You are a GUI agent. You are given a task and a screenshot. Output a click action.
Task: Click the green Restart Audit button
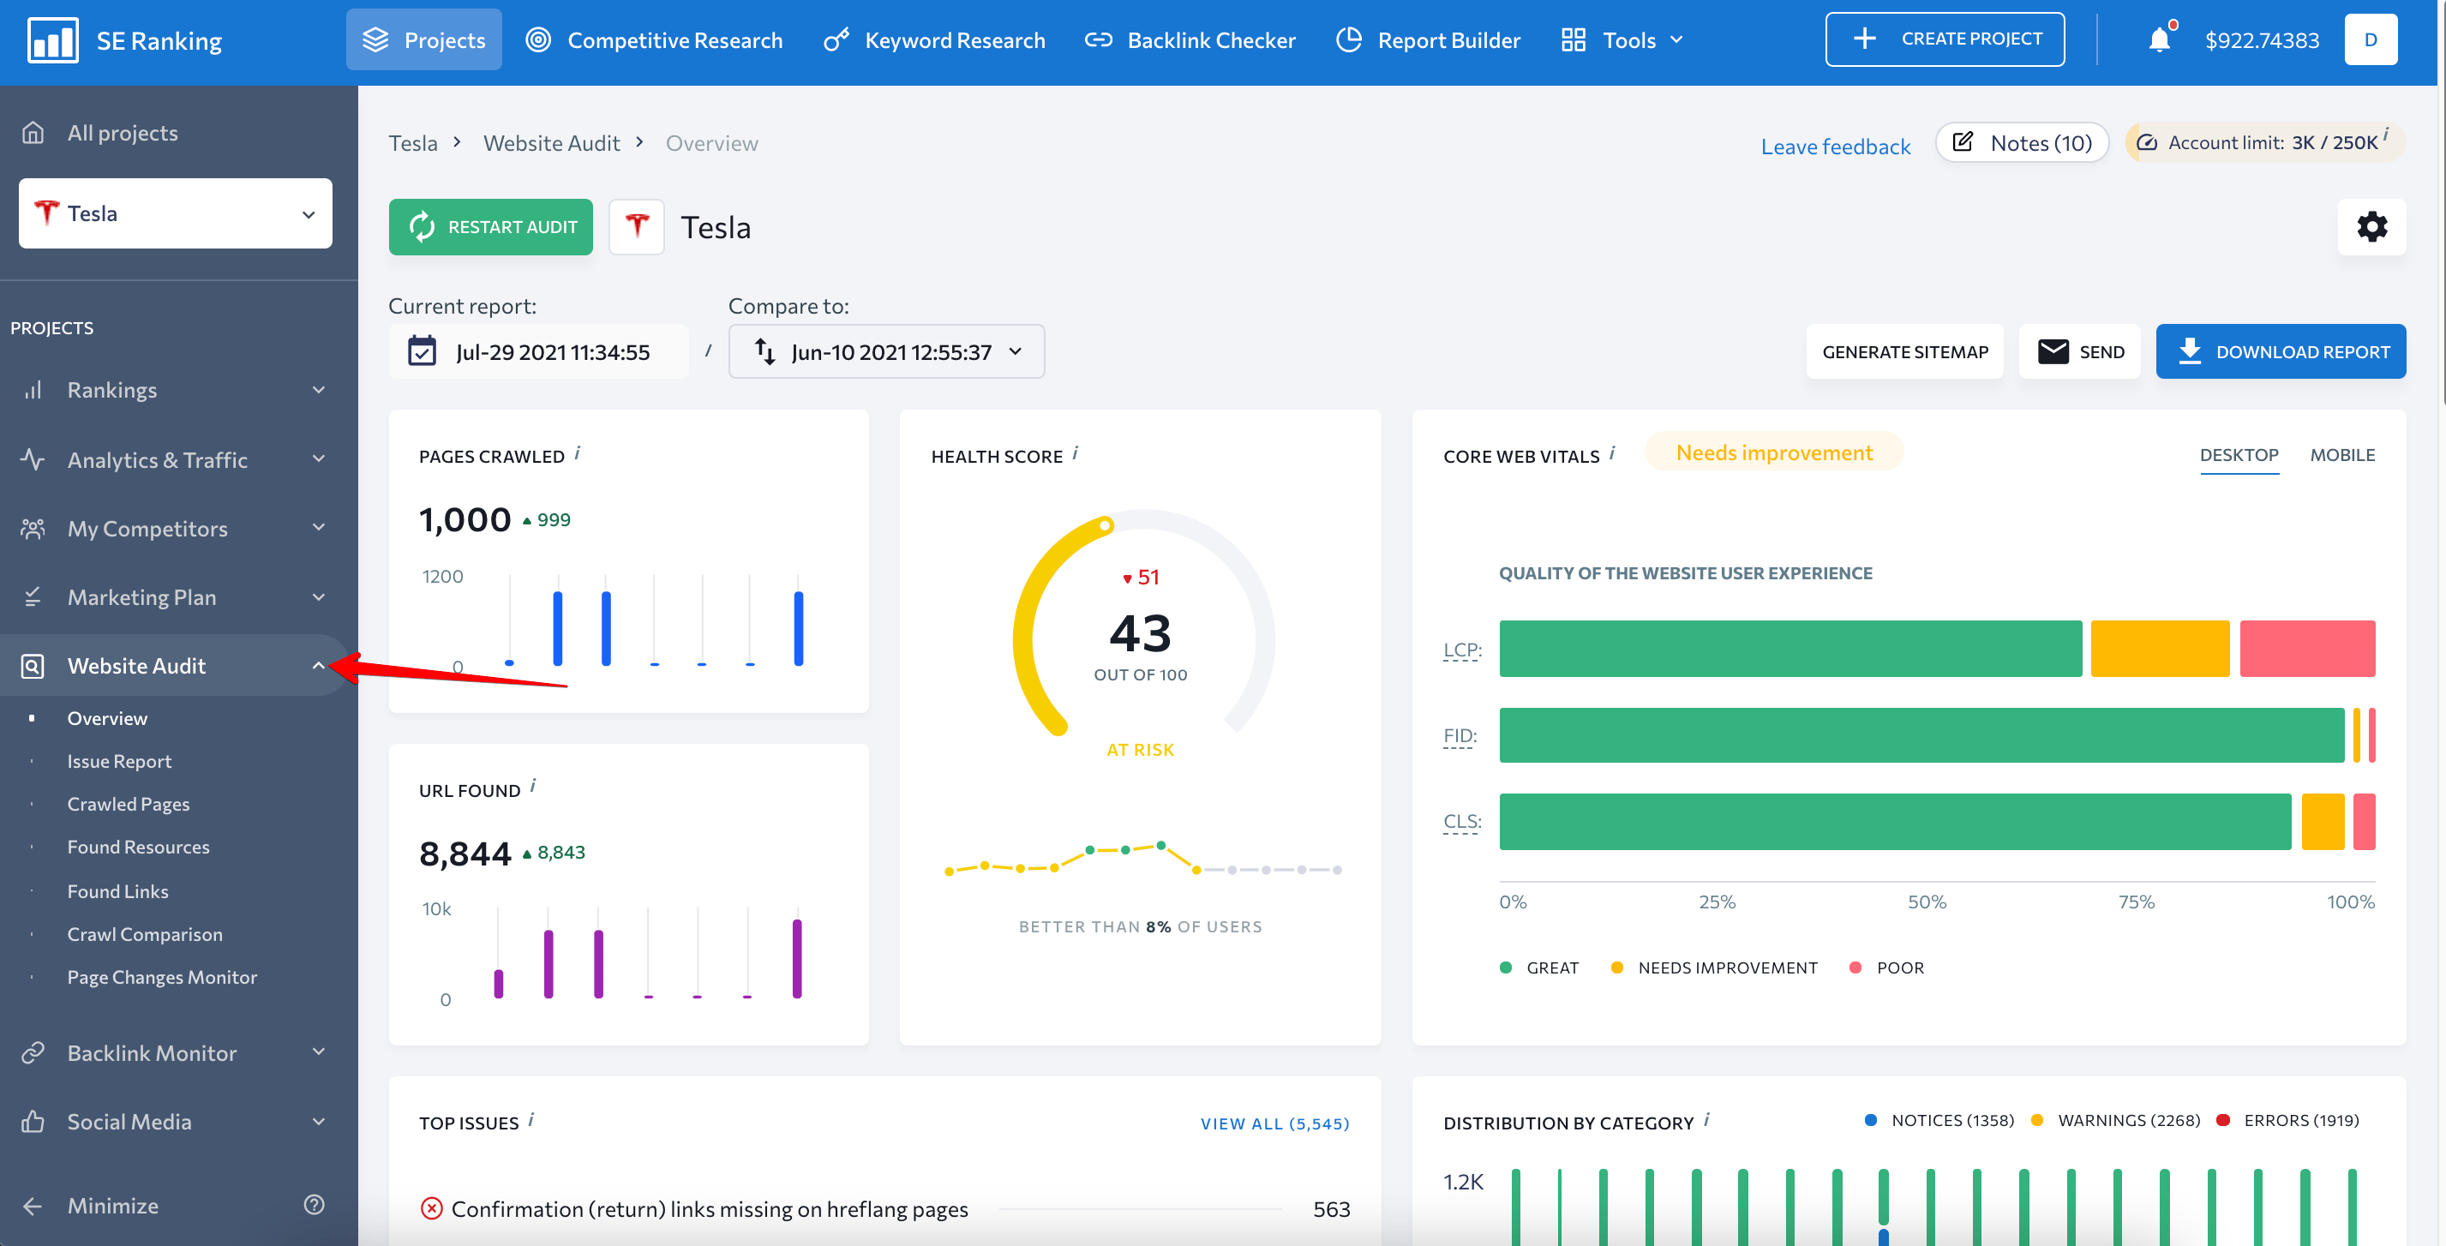click(x=490, y=227)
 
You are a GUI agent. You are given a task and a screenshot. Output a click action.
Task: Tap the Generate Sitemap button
click(x=1903, y=352)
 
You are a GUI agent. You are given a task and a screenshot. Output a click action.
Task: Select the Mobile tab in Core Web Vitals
click(x=2341, y=455)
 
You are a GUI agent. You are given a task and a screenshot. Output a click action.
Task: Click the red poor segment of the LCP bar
click(x=2306, y=649)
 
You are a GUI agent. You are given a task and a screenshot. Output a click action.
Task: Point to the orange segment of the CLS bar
click(x=2322, y=822)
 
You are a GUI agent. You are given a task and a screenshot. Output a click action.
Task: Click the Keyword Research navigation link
click(x=934, y=40)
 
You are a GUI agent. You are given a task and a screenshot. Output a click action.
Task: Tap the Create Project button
click(x=1944, y=39)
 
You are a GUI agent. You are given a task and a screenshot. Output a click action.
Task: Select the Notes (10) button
click(x=2022, y=142)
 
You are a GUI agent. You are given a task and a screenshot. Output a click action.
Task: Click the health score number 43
click(x=1140, y=633)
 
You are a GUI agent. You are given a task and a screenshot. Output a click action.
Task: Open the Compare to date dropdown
click(x=886, y=352)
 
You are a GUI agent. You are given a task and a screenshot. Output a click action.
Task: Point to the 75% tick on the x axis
click(x=2136, y=902)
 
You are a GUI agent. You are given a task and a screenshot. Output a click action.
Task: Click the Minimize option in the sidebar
click(x=112, y=1206)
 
